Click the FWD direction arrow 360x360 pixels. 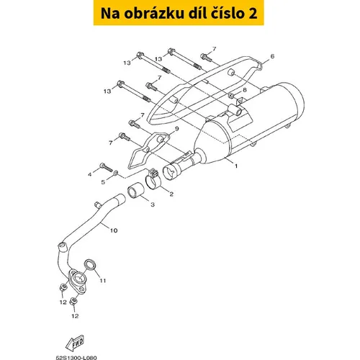(75, 343)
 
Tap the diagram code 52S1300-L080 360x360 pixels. (76, 358)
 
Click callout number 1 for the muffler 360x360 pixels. (236, 166)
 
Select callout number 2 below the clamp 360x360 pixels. (171, 194)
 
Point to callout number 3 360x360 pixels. (153, 204)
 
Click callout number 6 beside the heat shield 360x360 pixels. (272, 56)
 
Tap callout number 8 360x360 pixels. (245, 90)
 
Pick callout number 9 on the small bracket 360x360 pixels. (177, 129)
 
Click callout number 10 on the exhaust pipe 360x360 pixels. (114, 230)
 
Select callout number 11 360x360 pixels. (103, 281)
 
